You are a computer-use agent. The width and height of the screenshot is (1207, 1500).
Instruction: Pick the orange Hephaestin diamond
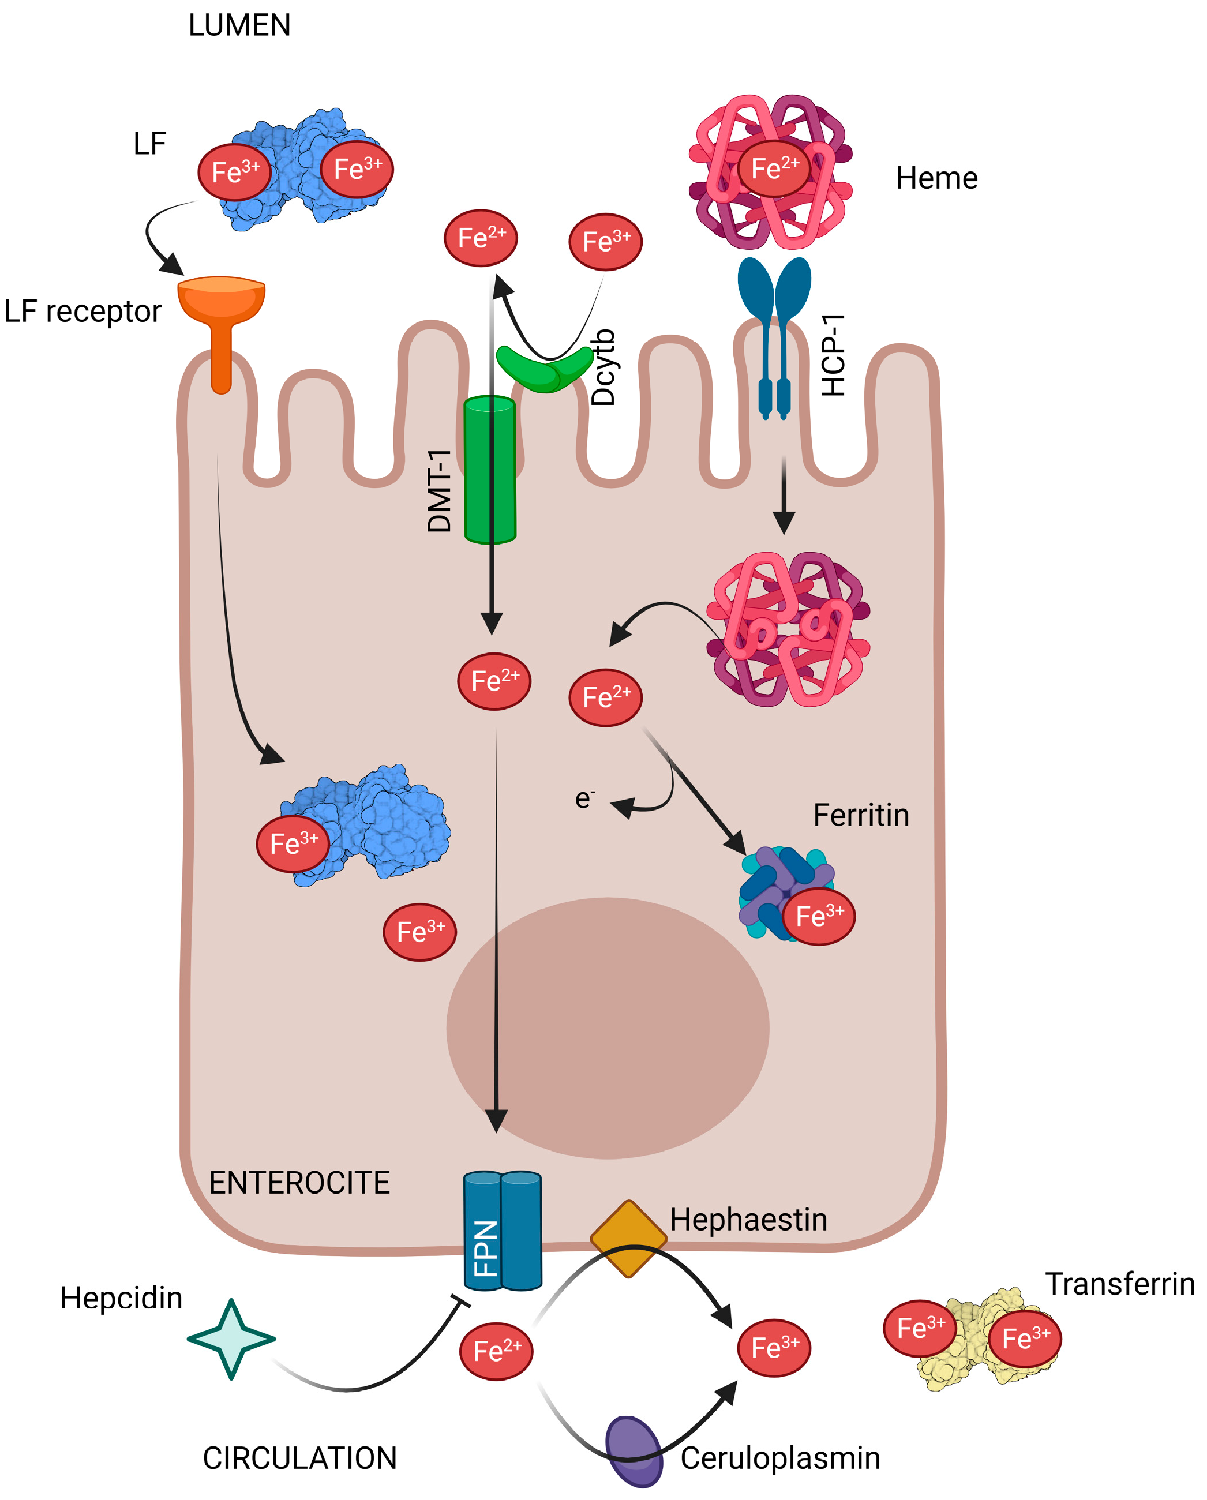(628, 1239)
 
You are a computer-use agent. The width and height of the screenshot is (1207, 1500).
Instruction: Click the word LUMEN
(239, 26)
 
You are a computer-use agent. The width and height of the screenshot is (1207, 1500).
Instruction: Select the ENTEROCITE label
(299, 1183)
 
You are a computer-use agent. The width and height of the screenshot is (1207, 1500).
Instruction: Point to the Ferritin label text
(861, 815)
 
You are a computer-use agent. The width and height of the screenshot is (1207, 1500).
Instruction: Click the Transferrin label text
(1120, 1284)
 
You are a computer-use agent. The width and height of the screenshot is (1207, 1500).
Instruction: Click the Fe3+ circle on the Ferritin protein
(819, 916)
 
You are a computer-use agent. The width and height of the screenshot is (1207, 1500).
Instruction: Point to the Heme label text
(936, 178)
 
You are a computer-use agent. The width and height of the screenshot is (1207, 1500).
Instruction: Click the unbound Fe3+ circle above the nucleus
(419, 932)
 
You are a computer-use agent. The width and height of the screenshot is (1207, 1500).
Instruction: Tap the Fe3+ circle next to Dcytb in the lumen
(605, 241)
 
